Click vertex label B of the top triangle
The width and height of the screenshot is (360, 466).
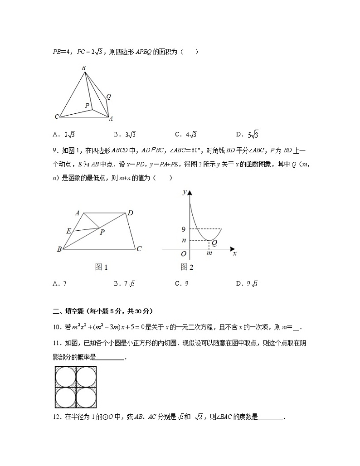pyautogui.click(x=84, y=68)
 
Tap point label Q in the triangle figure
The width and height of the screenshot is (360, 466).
pyautogui.click(x=109, y=96)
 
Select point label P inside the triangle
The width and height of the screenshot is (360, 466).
pyautogui.click(x=87, y=105)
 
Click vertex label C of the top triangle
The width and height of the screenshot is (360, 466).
pyautogui.click(x=57, y=117)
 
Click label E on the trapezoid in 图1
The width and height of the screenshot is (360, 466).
pyautogui.click(x=68, y=231)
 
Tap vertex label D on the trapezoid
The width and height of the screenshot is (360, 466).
pyautogui.click(x=130, y=213)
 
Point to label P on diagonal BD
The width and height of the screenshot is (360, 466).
pyautogui.click(x=102, y=233)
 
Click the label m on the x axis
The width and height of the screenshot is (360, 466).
pyautogui.click(x=209, y=253)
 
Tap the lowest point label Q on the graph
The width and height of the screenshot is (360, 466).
pyautogui.click(x=214, y=243)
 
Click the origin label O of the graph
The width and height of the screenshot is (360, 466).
pyautogui.click(x=184, y=254)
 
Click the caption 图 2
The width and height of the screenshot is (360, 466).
pyautogui.click(x=187, y=267)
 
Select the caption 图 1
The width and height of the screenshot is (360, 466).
pyautogui.click(x=101, y=267)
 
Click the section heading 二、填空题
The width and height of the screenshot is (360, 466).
pyautogui.click(x=70, y=311)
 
